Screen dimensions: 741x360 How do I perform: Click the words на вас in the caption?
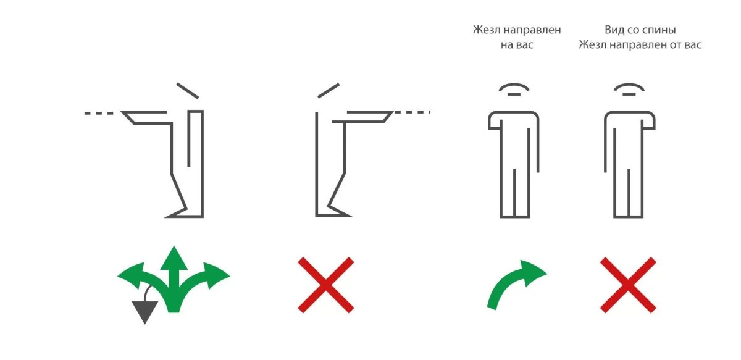517,44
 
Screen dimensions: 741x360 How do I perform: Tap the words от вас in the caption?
686,44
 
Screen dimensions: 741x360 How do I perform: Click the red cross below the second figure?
326,285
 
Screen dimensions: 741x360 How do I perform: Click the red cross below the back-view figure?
628,285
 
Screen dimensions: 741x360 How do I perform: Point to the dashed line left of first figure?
99,113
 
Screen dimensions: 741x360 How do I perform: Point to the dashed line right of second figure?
412,112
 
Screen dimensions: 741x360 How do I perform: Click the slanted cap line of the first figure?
188,91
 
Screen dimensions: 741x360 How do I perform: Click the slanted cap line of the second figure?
329,90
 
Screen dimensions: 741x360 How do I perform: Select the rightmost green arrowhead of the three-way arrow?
216,275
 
